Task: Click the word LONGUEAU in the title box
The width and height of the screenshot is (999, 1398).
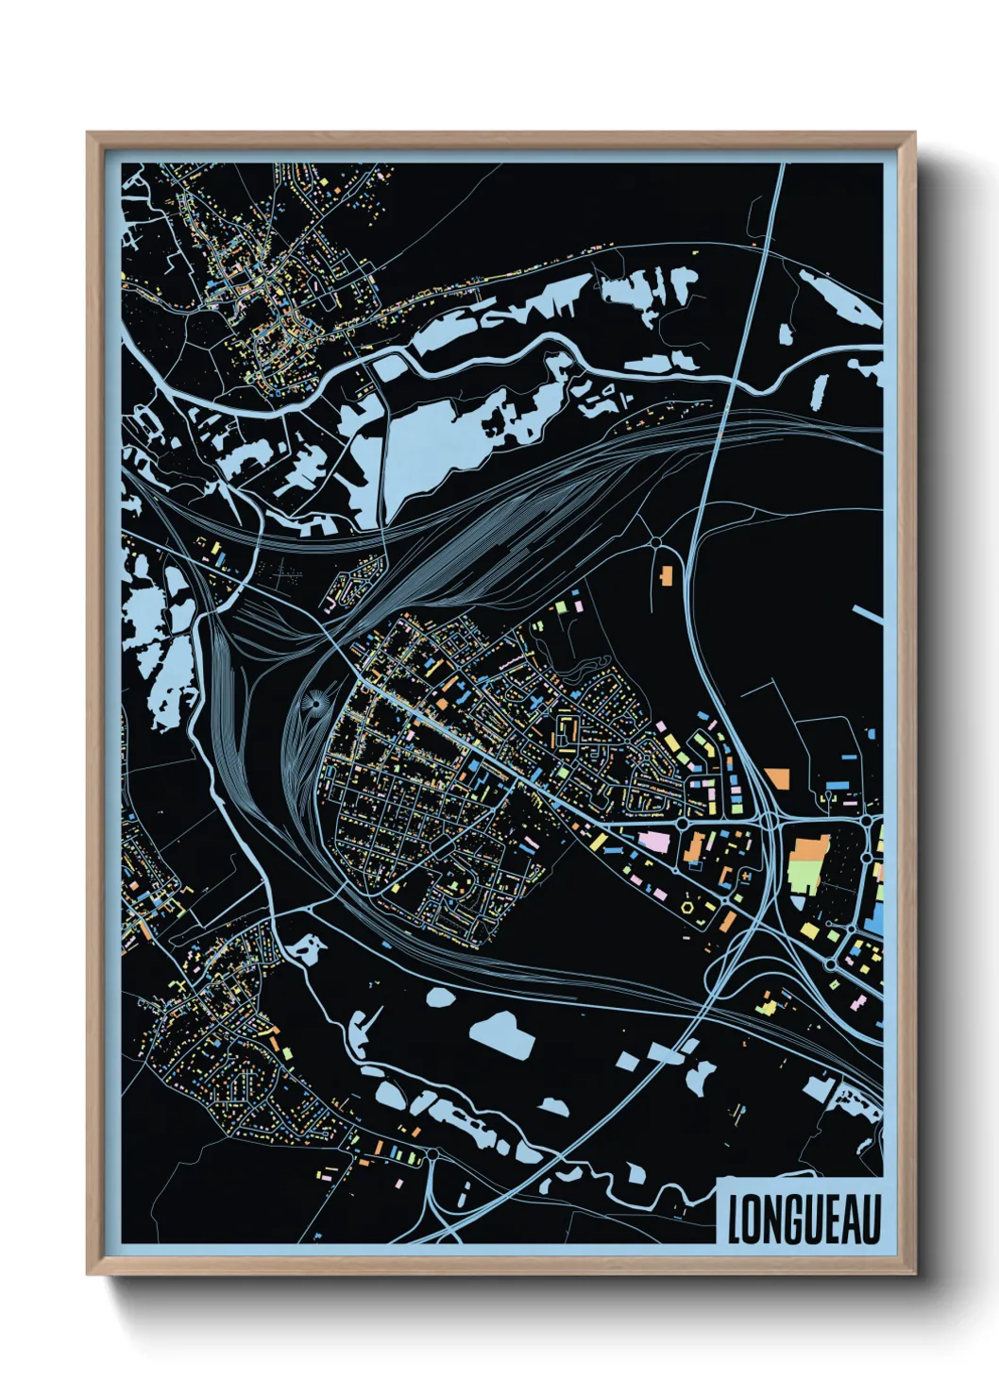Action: (804, 1219)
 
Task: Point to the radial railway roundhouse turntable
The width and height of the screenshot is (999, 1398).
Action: (313, 703)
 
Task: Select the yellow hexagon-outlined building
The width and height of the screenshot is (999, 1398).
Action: (687, 907)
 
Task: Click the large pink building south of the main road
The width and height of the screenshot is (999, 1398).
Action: (654, 840)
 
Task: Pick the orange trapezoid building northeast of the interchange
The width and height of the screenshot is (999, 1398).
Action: (777, 778)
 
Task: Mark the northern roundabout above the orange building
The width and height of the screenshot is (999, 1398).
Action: (655, 543)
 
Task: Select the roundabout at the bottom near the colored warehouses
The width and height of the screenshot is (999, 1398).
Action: (432, 1154)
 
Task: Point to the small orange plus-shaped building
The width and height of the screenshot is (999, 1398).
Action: (746, 878)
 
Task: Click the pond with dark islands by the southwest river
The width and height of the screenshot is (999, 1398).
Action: (306, 948)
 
